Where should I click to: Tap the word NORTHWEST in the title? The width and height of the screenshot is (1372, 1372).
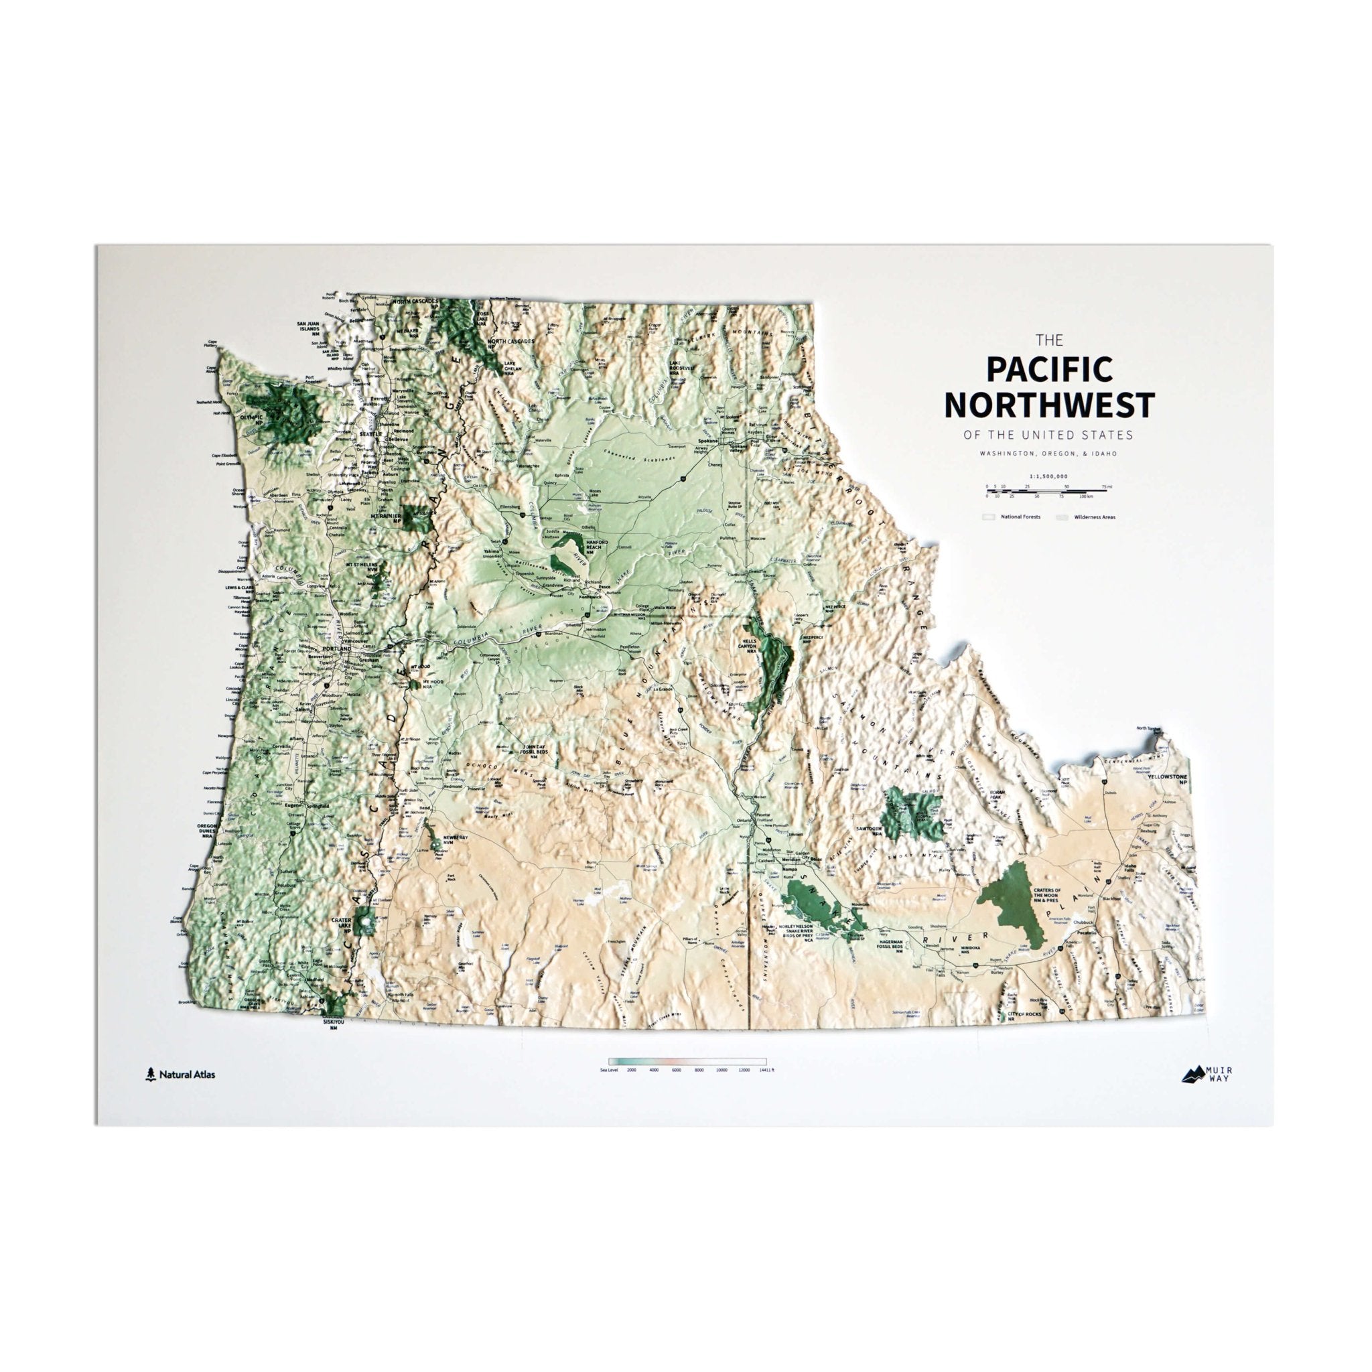1049,405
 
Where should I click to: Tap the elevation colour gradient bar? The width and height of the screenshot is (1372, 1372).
687,1061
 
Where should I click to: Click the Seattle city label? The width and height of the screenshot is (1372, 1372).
369,434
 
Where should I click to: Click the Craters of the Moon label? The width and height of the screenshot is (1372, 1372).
1048,896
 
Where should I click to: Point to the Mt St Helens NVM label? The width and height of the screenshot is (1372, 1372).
362,566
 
